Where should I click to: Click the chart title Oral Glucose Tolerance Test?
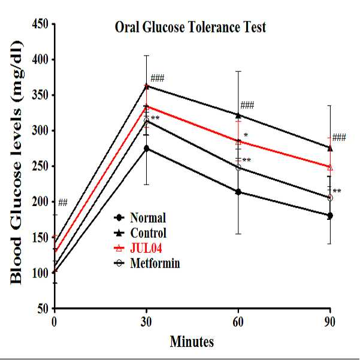190,27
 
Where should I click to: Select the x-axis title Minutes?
192,341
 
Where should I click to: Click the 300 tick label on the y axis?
40,131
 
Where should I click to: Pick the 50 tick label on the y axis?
43,308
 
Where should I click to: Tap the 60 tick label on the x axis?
238,322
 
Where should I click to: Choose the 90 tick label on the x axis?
330,322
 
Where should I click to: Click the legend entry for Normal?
140,217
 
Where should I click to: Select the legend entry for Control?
140,233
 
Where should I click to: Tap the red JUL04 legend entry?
138,248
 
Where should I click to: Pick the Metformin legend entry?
147,263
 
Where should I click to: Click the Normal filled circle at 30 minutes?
147,149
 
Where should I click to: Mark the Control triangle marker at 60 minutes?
238,115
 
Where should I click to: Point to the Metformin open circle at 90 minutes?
330,198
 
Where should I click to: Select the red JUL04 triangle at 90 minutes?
330,168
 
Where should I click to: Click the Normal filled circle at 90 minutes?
330,216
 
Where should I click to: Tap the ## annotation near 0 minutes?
63,202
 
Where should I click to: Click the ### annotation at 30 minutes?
158,78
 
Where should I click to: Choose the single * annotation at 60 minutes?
246,135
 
